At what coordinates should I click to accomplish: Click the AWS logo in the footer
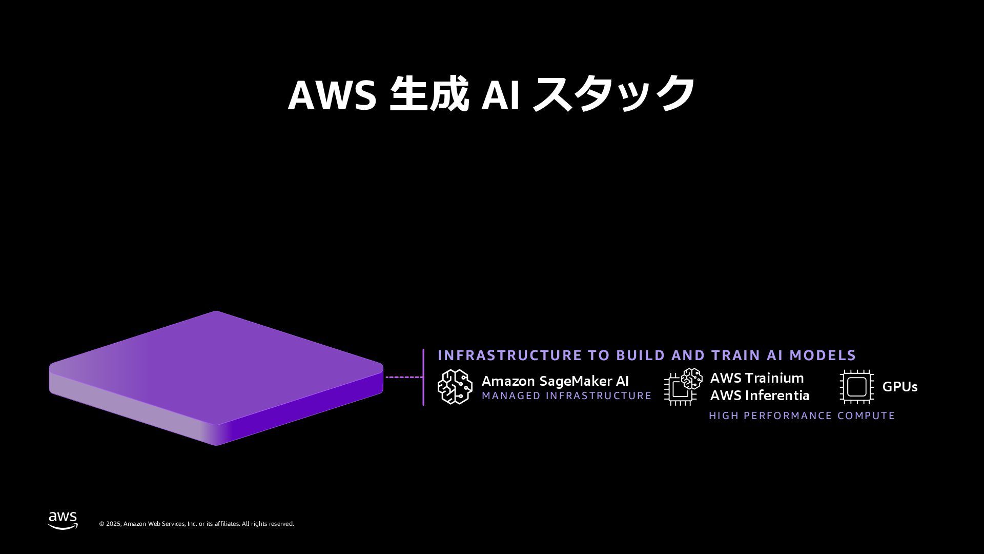[x=63, y=520]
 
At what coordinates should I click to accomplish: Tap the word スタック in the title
[x=613, y=93]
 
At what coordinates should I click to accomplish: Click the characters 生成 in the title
[x=429, y=93]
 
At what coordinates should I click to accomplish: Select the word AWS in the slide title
[x=332, y=95]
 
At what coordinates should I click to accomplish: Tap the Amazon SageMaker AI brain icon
[x=455, y=387]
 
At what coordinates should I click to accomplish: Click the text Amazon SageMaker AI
[x=555, y=381]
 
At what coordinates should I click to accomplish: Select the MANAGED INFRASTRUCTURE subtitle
[x=566, y=396]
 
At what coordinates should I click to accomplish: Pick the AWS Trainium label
[x=756, y=378]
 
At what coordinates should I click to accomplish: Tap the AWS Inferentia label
[x=760, y=395]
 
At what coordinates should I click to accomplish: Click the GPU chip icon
[x=856, y=387]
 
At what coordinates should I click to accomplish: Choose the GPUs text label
[x=899, y=387]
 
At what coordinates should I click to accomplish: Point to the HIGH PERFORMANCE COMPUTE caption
[x=802, y=415]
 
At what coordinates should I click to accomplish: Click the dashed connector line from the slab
[x=404, y=377]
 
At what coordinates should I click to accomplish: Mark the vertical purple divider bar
[x=423, y=377]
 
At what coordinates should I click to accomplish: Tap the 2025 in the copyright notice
[x=113, y=524]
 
